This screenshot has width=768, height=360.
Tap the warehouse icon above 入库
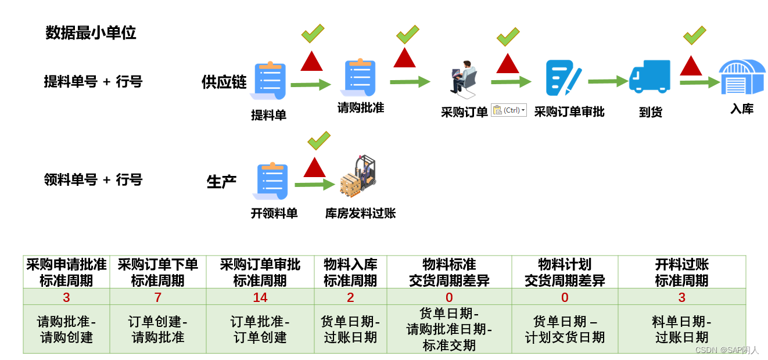click(742, 77)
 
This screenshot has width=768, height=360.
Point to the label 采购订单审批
click(569, 111)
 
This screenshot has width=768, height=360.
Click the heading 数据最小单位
click(91, 33)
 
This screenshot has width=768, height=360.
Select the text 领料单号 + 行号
click(93, 180)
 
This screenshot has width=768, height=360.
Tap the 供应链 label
click(224, 82)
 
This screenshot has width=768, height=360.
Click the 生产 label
click(221, 182)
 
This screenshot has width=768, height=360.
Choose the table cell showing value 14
click(260, 297)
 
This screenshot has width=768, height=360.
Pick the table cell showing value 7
click(157, 297)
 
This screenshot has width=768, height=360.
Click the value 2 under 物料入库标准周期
click(350, 297)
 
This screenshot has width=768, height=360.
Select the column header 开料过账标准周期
click(681, 272)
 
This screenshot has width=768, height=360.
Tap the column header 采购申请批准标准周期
click(66, 272)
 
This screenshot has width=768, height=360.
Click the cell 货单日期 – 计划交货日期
click(565, 329)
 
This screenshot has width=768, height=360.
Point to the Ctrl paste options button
click(509, 110)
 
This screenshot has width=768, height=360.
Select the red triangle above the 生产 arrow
click(314, 167)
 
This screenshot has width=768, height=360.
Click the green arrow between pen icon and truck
click(608, 81)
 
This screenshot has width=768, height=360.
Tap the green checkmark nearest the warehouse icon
click(694, 35)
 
